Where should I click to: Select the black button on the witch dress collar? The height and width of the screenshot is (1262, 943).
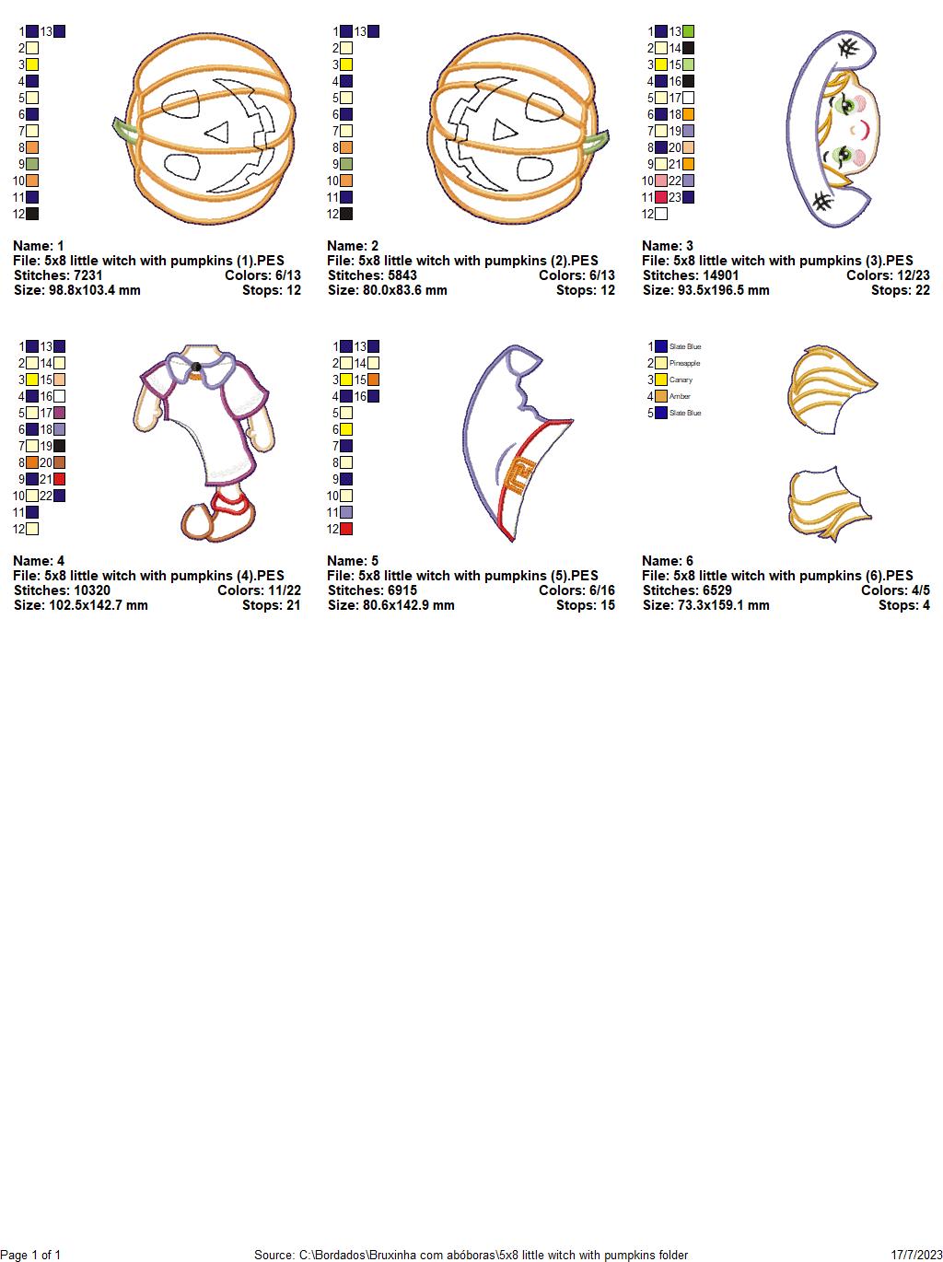point(196,367)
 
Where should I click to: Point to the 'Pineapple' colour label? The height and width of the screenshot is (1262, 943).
point(684,363)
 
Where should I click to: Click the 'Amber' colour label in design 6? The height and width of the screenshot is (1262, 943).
point(680,396)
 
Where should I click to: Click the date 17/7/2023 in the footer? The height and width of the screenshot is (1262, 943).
point(916,1255)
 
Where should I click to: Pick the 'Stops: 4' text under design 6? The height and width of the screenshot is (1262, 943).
point(904,605)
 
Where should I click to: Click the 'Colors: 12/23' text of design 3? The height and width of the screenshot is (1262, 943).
point(888,275)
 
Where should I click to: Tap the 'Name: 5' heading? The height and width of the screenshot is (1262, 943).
point(353,561)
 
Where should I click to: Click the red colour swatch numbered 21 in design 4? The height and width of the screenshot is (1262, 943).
point(59,479)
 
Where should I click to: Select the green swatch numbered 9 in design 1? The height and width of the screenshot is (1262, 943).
point(32,164)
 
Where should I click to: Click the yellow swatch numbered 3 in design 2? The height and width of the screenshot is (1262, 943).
point(346,64)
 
